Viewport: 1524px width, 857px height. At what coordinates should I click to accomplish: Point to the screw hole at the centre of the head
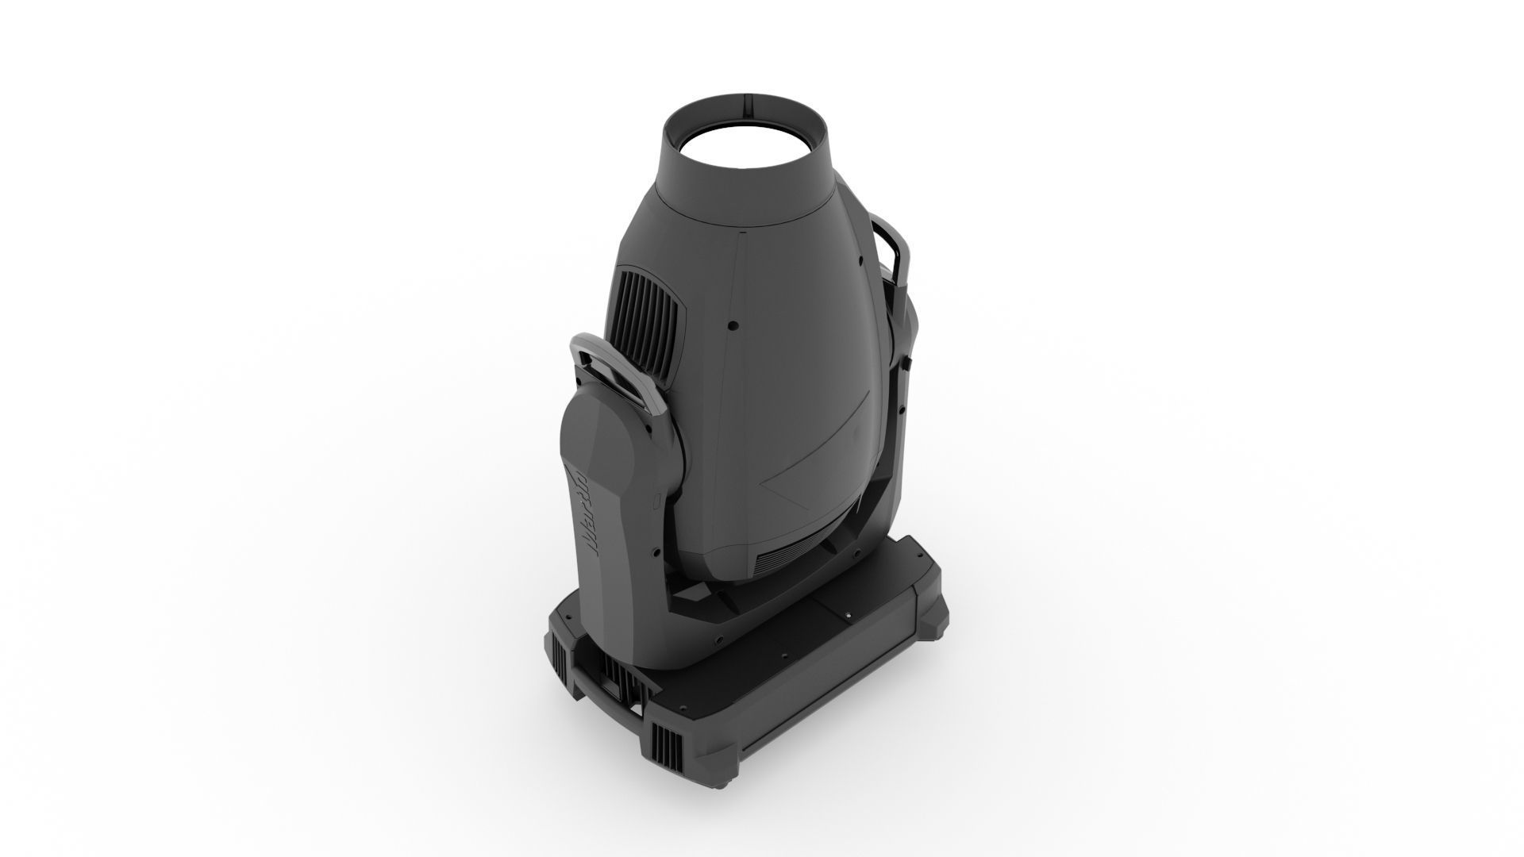pyautogui.click(x=733, y=325)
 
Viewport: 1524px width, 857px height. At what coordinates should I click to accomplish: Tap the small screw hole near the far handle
pyautogui.click(x=860, y=258)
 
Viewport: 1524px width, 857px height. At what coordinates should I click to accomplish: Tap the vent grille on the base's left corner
pyautogui.click(x=560, y=666)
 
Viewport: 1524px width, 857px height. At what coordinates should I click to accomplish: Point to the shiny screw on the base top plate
pyautogui.click(x=848, y=616)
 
